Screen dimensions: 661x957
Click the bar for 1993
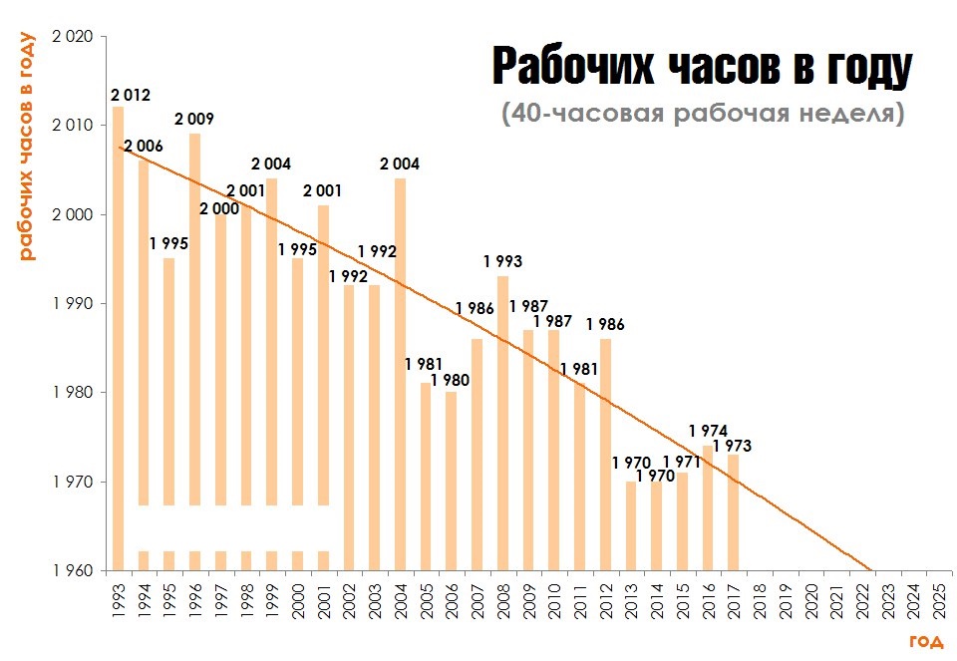coord(119,339)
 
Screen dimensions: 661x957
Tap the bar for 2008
coord(502,424)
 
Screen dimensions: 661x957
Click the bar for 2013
coord(631,525)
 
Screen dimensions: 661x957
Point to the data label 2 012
coord(131,96)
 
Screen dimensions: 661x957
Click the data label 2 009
coord(193,119)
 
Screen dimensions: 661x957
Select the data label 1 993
coord(502,262)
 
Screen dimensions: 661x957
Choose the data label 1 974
coord(708,432)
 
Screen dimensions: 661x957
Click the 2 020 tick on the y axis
coord(72,37)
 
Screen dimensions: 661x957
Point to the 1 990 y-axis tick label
coord(72,304)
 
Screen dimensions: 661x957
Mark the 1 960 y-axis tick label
coord(72,571)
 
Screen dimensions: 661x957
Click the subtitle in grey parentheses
coord(703,113)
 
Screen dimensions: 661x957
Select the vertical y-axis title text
coord(27,146)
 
